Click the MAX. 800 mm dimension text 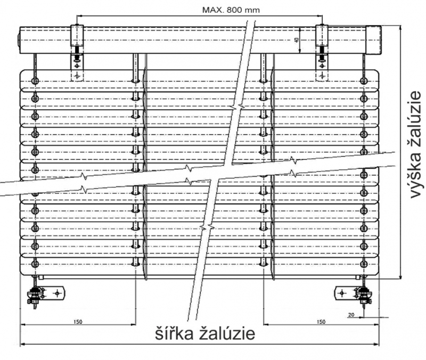231,10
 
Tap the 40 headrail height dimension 297,39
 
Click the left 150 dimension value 78,322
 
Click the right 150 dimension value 321,322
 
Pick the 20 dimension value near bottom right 351,315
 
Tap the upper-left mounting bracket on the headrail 77,53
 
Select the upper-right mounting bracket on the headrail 322,53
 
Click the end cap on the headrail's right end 374,39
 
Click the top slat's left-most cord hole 35,81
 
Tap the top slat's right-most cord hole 364,81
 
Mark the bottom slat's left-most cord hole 35,264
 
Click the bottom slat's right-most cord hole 364,264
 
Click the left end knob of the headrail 19,39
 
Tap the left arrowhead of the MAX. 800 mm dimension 79,16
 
